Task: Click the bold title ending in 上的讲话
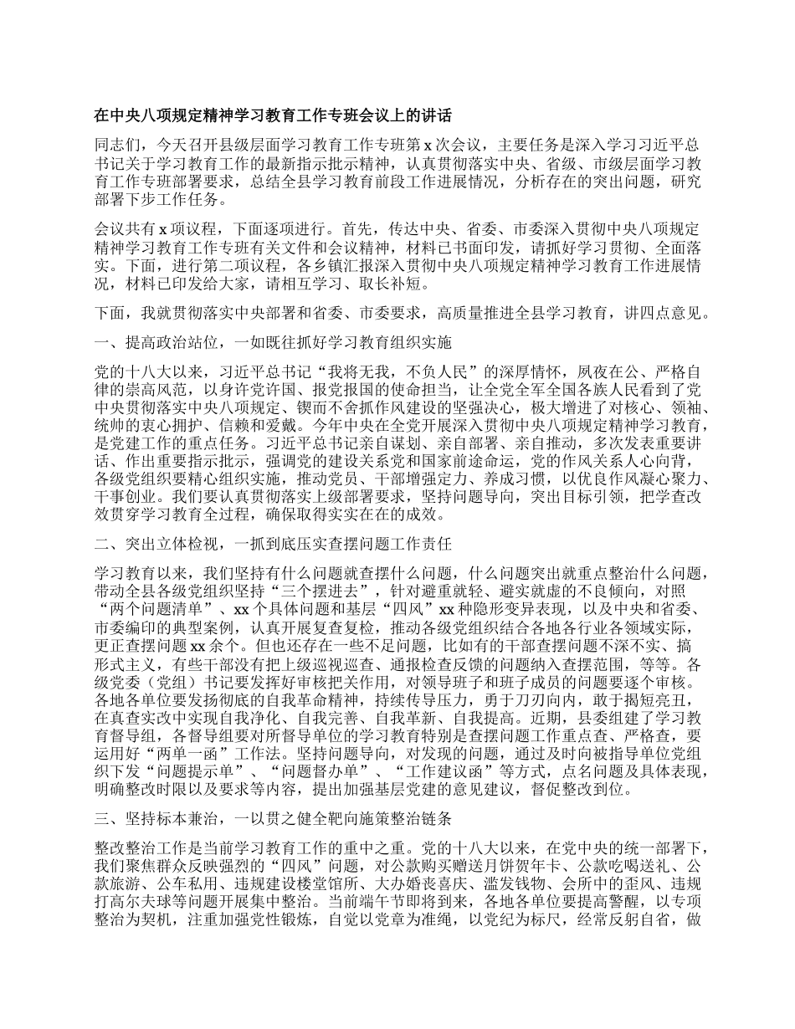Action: (x=273, y=115)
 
